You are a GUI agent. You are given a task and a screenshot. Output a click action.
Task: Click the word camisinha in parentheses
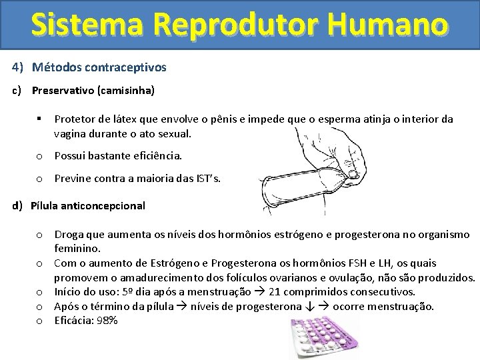click(126, 89)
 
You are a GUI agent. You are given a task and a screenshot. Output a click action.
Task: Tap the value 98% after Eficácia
click(106, 321)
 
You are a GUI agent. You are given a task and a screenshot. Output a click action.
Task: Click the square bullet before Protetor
click(40, 119)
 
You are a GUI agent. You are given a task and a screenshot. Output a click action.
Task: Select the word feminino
click(77, 249)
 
